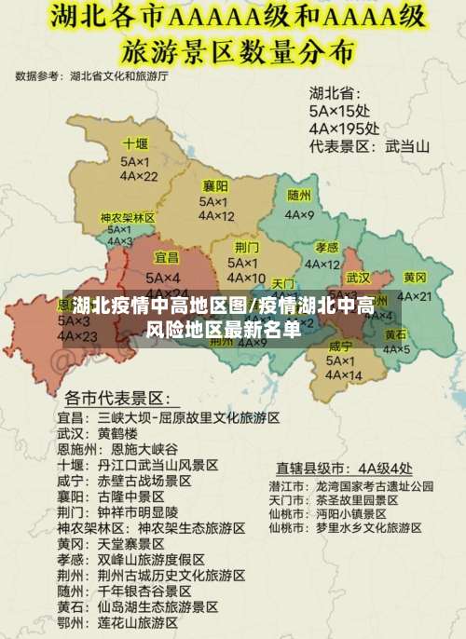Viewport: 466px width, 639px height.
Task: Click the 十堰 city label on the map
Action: tap(135, 144)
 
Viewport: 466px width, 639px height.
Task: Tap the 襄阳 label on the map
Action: tap(215, 185)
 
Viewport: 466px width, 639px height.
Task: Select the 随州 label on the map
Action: tap(299, 196)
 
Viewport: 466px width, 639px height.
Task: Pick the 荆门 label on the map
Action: tap(246, 247)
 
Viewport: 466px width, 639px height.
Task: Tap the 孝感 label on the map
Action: tap(326, 248)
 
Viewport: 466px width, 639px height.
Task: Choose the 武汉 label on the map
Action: tap(358, 278)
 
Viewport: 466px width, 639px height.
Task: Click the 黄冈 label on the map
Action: tap(415, 278)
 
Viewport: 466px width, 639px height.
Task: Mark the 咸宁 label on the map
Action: tap(340, 347)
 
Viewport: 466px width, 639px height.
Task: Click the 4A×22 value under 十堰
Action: tap(138, 176)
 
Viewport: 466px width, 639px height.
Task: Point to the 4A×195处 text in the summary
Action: tap(344, 129)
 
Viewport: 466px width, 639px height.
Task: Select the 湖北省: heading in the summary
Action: tap(335, 93)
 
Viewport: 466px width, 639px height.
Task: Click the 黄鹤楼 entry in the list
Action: tap(117, 434)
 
